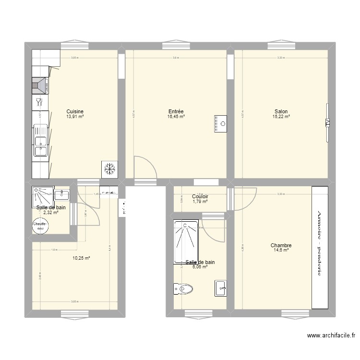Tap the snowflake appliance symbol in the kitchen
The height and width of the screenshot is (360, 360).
click(109, 168)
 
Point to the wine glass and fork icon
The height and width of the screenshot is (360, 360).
click(39, 102)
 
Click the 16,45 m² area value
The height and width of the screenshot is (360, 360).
click(176, 117)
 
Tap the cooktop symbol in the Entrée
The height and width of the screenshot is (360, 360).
click(221, 123)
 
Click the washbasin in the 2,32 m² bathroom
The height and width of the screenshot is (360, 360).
click(62, 195)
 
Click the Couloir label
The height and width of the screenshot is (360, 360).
click(200, 196)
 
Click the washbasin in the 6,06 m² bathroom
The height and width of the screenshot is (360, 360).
click(221, 288)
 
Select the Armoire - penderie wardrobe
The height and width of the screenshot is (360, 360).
click(319, 247)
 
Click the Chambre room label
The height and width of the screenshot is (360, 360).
click(281, 245)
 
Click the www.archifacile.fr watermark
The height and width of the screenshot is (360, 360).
click(331, 336)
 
